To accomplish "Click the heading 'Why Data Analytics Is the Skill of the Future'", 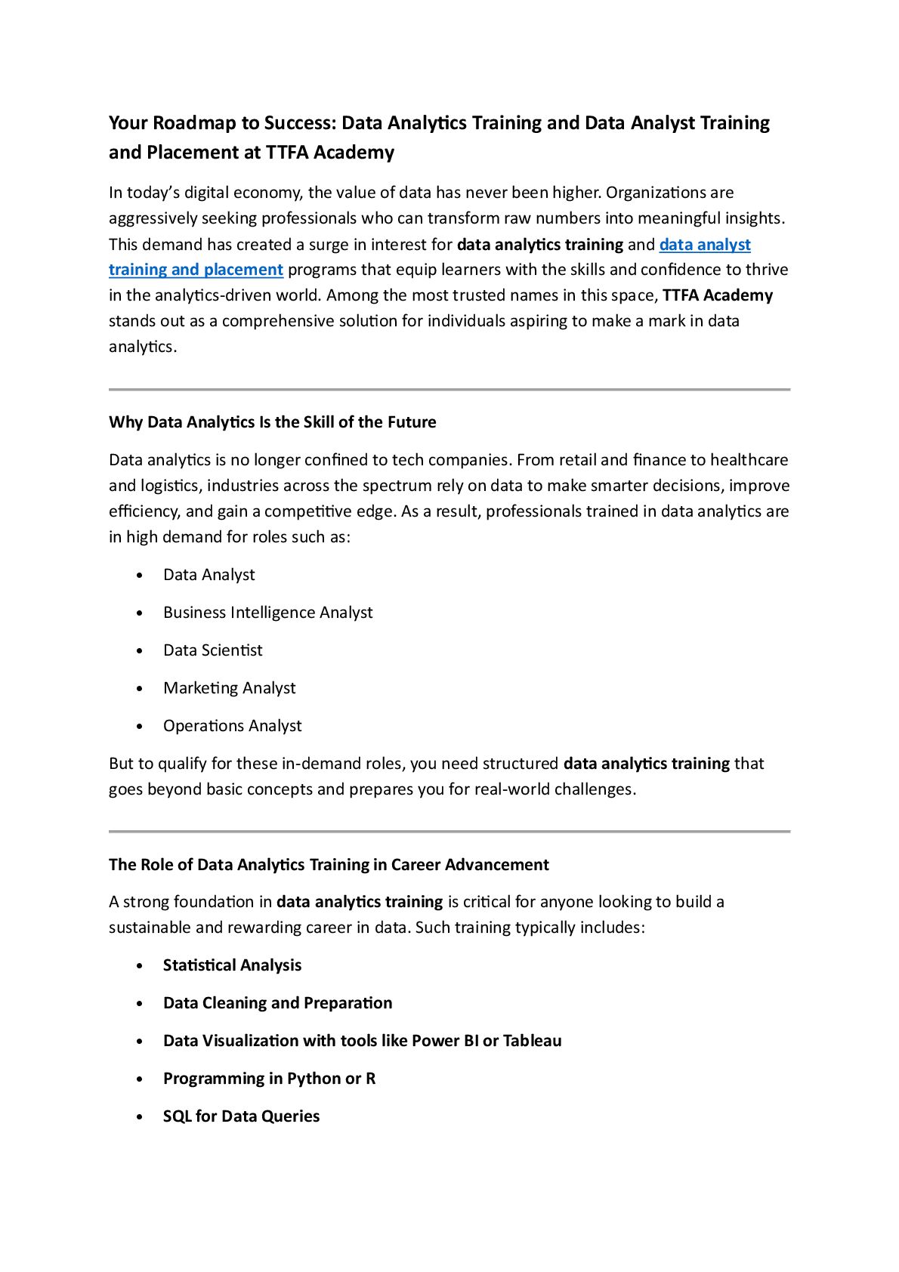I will (272, 422).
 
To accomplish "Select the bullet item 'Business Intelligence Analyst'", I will (267, 613).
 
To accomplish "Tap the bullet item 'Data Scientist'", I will (212, 650).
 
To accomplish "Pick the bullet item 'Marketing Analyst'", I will (229, 688).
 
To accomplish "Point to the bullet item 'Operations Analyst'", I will (232, 726).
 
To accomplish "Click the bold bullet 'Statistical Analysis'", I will (232, 965).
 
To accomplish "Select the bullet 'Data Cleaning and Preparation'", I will (277, 1003).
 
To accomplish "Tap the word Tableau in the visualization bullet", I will (532, 1041).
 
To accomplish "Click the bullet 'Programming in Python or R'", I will (269, 1079).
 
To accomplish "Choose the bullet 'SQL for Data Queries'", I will (241, 1116).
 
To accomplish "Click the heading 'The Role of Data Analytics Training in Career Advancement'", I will (329, 865).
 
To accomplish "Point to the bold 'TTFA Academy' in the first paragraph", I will (717, 295).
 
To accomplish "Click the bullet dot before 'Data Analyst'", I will (140, 576).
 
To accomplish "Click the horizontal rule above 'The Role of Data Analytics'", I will (449, 832).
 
